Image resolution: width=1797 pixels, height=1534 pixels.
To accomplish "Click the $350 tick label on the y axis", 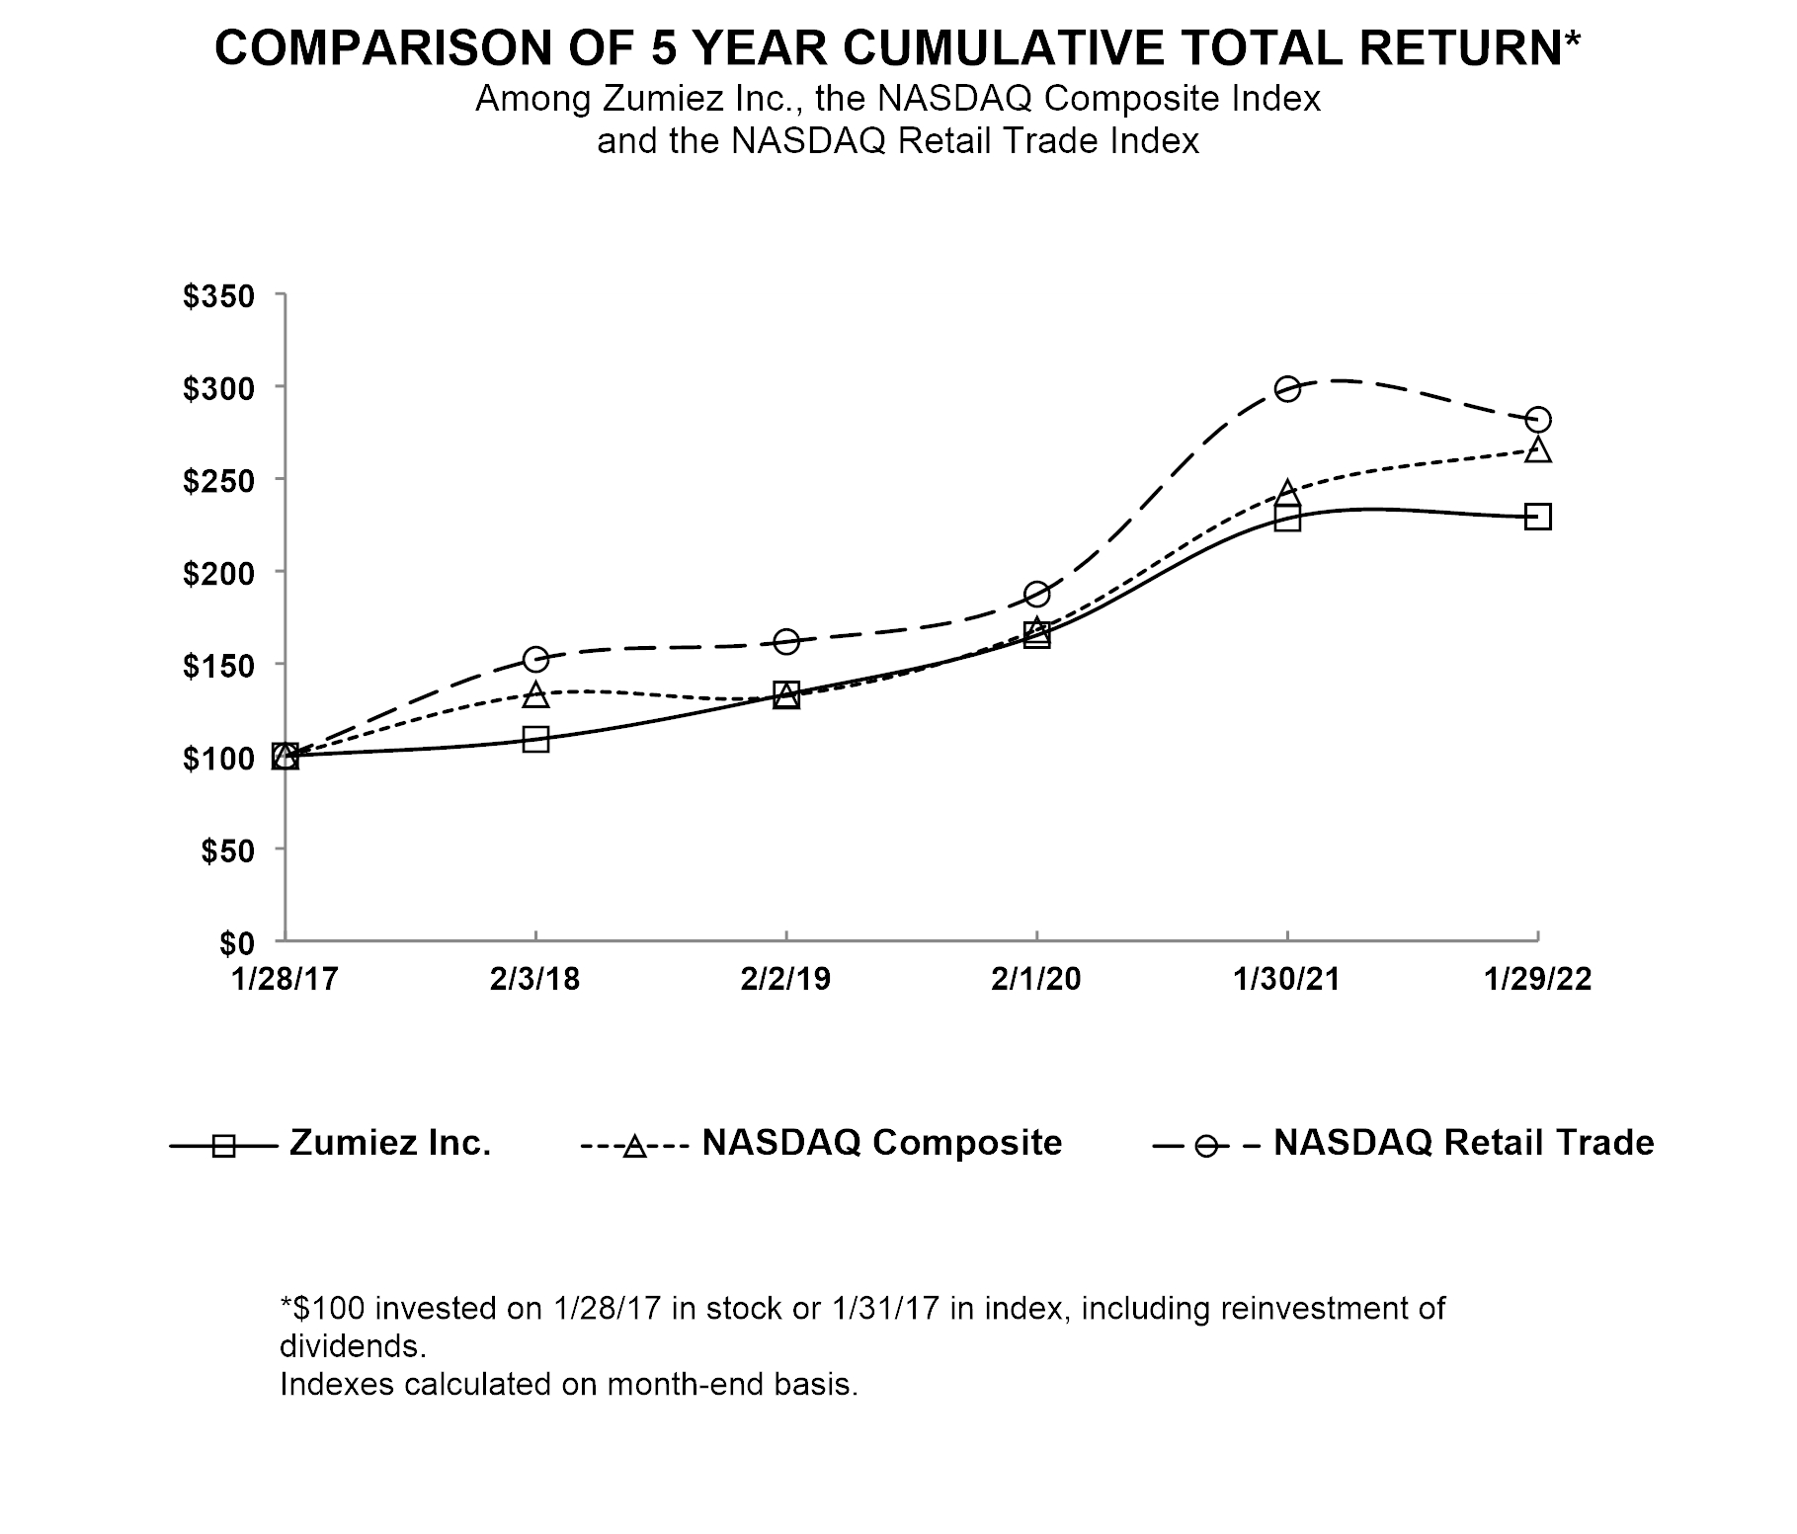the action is (218, 297).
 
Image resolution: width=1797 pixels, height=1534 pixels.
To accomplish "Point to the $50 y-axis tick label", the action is (227, 850).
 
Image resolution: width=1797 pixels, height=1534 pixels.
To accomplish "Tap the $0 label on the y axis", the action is (236, 943).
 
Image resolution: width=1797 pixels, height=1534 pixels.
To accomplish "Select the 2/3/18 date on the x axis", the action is (535, 979).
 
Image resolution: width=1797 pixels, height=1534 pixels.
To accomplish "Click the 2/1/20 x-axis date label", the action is (1035, 979).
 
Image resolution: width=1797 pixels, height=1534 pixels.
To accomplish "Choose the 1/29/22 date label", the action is (1538, 979).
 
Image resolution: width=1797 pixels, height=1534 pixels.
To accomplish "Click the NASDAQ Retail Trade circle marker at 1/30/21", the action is (1287, 388).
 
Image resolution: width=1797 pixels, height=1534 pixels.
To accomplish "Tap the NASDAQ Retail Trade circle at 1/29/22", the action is (1538, 420).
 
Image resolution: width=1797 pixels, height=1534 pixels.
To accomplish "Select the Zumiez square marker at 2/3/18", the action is (535, 740).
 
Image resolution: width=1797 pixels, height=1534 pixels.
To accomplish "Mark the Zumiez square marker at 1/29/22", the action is (1538, 517).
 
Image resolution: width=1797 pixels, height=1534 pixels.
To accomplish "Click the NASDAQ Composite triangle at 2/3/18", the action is (535, 694).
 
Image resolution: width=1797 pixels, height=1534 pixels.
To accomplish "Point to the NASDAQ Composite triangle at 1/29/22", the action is (1538, 449).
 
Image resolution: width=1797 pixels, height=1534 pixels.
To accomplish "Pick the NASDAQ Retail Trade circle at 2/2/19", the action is (786, 642).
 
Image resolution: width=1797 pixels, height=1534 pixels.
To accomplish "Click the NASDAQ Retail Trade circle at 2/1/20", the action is (1036, 594).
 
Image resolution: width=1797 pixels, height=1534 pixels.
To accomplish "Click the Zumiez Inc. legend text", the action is (390, 1143).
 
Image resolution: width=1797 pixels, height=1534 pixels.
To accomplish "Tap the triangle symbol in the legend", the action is (635, 1147).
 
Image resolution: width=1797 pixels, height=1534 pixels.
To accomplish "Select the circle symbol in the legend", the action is (1205, 1147).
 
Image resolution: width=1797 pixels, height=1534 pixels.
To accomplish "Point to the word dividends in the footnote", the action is (351, 1346).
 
